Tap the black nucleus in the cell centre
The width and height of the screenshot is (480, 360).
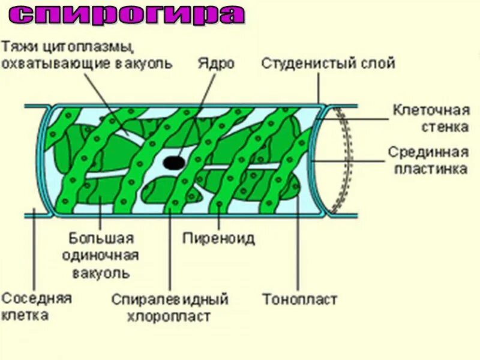coord(174,162)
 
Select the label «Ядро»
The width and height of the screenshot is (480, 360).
coord(215,64)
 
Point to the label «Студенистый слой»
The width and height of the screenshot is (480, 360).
coord(328,64)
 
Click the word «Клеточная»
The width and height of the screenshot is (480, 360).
coord(430,110)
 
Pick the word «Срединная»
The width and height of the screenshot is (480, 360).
coord(427,152)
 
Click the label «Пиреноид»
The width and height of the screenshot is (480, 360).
coord(219,238)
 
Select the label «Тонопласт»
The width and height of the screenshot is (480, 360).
coord(299,299)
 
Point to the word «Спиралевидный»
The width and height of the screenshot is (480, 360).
coord(170,299)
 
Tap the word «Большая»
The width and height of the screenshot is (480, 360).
coord(100,239)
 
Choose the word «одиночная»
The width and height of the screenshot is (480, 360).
coord(100,256)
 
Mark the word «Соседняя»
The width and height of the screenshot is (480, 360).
coord(37,298)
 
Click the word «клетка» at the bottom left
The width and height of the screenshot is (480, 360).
coord(26,315)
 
